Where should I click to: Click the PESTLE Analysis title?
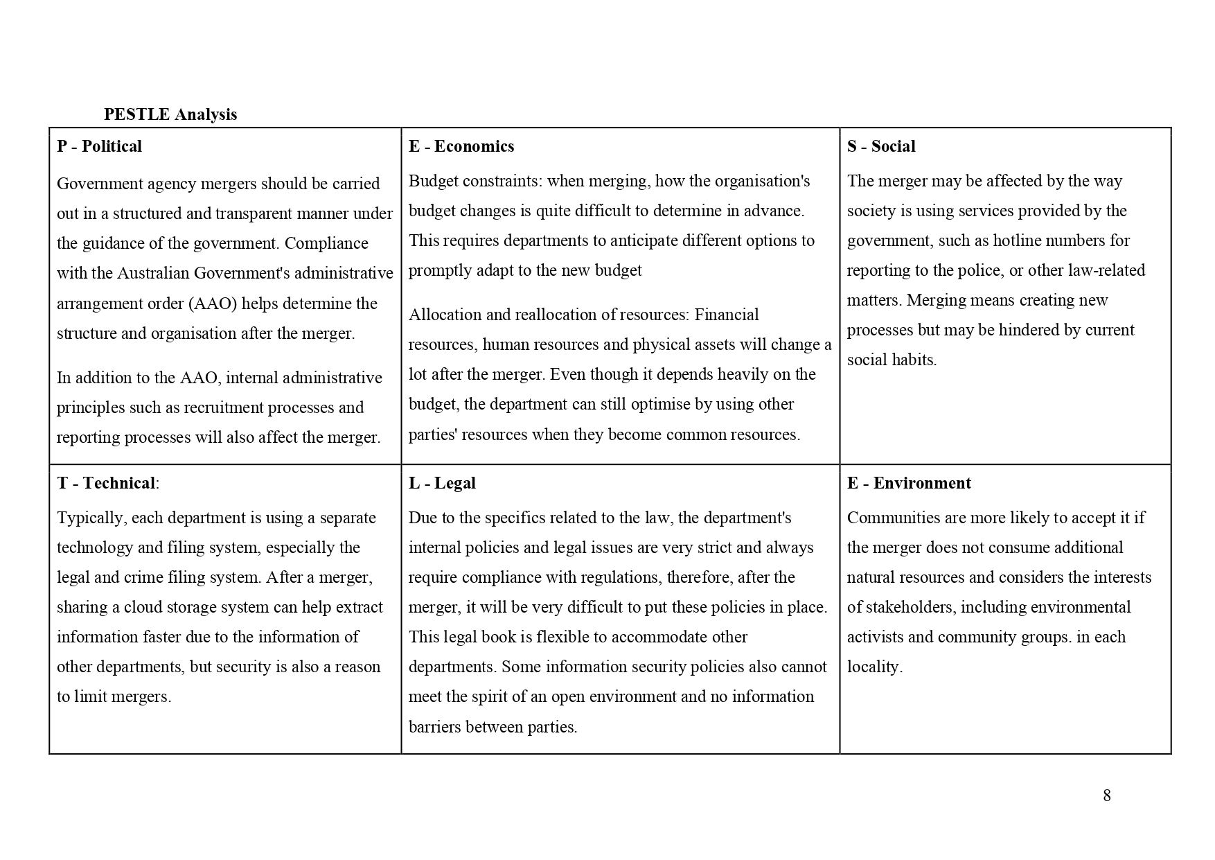point(170,114)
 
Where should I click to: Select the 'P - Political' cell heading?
point(99,146)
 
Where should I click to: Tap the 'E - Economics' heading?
point(461,146)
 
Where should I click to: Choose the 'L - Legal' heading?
point(442,483)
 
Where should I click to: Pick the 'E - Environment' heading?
point(909,483)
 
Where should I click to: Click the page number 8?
point(1107,796)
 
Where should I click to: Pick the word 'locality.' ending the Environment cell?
point(875,667)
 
